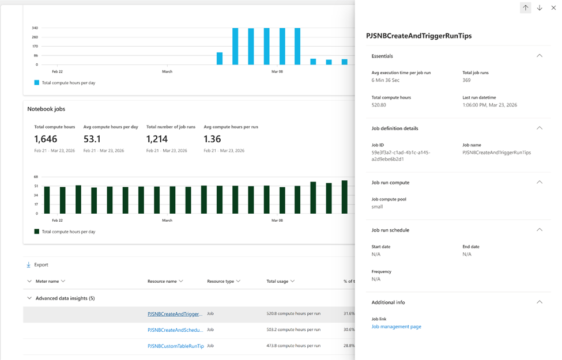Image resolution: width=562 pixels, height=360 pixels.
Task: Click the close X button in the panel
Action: tap(553, 7)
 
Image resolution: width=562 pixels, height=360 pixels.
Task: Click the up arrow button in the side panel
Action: tap(526, 7)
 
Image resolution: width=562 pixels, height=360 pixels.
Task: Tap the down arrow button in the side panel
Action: tap(540, 7)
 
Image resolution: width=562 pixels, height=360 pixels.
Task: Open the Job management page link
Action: tap(396, 327)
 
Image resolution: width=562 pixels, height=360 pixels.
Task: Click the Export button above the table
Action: tap(37, 265)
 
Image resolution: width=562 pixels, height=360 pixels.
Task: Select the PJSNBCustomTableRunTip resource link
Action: tap(176, 346)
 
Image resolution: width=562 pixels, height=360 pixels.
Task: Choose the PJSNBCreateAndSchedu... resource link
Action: tap(175, 330)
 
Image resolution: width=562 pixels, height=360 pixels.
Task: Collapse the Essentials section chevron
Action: tap(540, 55)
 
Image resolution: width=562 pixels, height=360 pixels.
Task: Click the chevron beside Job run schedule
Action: tap(540, 230)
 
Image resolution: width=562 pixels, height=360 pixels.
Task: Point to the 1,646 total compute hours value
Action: tap(46, 139)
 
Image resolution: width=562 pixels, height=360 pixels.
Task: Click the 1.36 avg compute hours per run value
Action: tap(212, 139)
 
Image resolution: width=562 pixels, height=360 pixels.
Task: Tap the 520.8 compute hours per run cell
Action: tap(293, 313)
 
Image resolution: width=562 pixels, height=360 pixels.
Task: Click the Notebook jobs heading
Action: tap(46, 109)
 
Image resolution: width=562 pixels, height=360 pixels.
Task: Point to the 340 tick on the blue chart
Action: tap(35, 28)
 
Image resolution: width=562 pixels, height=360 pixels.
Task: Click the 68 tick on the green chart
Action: tap(36, 177)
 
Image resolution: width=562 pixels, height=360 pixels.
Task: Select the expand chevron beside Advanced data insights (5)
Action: tap(29, 298)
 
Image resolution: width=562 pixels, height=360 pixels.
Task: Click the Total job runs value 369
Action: tap(466, 80)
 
